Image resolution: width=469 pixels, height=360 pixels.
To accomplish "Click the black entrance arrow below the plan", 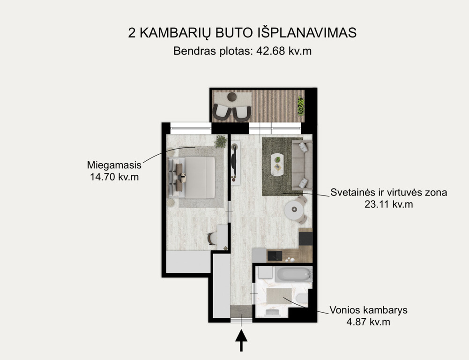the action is [241, 340].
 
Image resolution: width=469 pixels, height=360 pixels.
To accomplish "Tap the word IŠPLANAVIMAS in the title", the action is [307, 33].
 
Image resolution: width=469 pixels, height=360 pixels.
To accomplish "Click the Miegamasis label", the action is [114, 165].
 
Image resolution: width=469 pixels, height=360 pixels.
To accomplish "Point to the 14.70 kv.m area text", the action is [114, 177].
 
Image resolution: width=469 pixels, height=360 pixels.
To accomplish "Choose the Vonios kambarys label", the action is [368, 310].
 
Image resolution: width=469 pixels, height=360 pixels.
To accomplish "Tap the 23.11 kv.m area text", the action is [388, 204].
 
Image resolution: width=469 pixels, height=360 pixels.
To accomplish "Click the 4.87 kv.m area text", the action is [368, 322].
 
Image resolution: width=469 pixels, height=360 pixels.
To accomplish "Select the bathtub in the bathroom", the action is [294, 274].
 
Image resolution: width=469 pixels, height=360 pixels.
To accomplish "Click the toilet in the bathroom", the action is [302, 298].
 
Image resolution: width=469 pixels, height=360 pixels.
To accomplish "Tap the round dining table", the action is [294, 210].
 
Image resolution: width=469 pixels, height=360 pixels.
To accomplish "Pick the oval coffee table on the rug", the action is [278, 164].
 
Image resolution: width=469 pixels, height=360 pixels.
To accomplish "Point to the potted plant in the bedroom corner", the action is [221, 141].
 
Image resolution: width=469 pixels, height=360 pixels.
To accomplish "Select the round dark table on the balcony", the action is [232, 97].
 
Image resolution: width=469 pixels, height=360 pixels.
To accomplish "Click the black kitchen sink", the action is [275, 256].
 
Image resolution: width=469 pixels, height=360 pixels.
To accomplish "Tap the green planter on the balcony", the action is [301, 106].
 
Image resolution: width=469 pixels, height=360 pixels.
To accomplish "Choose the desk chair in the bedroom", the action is [212, 239].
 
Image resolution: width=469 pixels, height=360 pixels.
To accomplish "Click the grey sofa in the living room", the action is [302, 165].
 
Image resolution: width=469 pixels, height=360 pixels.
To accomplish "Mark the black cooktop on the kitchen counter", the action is [305, 239].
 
